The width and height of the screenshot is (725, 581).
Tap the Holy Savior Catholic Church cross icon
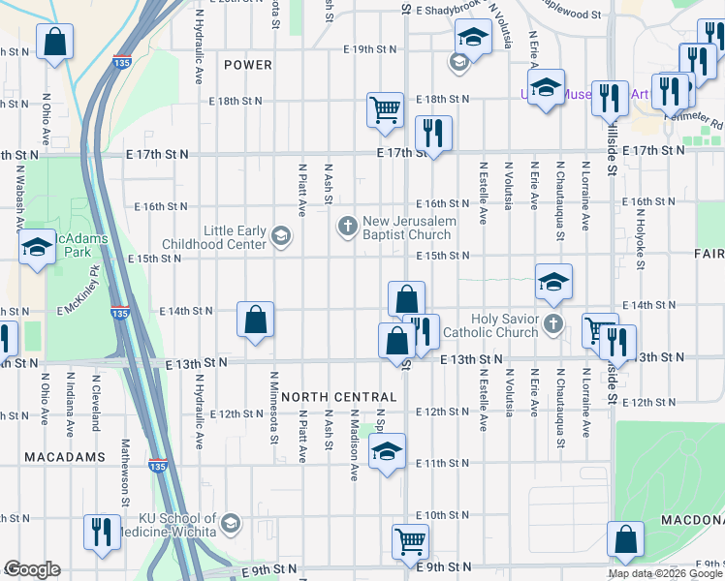pos(553,324)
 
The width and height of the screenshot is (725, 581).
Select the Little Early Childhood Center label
pos(235,237)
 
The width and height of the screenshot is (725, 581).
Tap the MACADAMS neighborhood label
pos(51,456)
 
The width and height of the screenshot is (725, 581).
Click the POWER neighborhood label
pos(247,65)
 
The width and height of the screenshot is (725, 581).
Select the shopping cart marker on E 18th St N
pos(386,108)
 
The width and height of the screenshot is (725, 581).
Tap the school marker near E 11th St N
pos(387,450)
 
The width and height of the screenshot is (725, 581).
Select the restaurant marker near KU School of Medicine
pos(102,532)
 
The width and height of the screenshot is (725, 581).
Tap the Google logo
pos(32,569)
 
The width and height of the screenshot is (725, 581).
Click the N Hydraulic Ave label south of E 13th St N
pos(200,424)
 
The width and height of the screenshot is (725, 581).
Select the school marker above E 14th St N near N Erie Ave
pos(553,281)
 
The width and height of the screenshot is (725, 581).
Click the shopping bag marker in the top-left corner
pos(54,42)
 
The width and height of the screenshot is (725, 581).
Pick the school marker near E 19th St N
pos(472,40)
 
